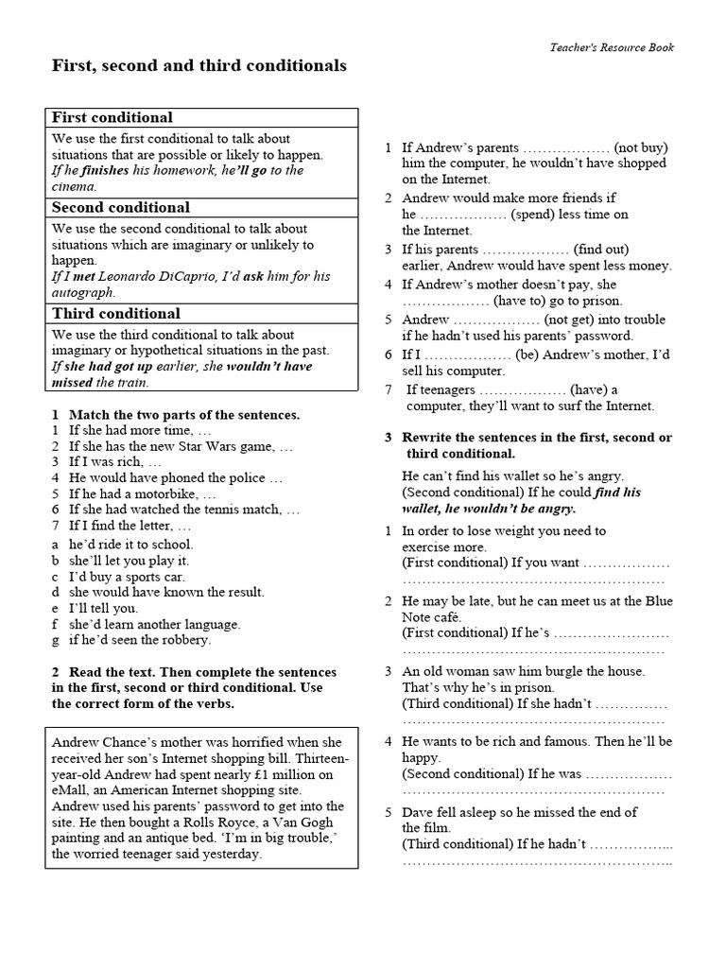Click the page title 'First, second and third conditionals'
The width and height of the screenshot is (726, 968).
click(x=199, y=66)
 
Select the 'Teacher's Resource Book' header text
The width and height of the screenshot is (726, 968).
click(x=613, y=48)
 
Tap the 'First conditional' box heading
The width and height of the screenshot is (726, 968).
click(x=112, y=118)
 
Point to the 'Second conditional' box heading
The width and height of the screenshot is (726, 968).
click(x=121, y=208)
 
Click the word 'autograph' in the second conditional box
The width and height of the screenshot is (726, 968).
click(x=81, y=292)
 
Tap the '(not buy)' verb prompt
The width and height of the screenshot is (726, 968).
click(x=640, y=147)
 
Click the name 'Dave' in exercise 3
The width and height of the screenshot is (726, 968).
click(x=418, y=812)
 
